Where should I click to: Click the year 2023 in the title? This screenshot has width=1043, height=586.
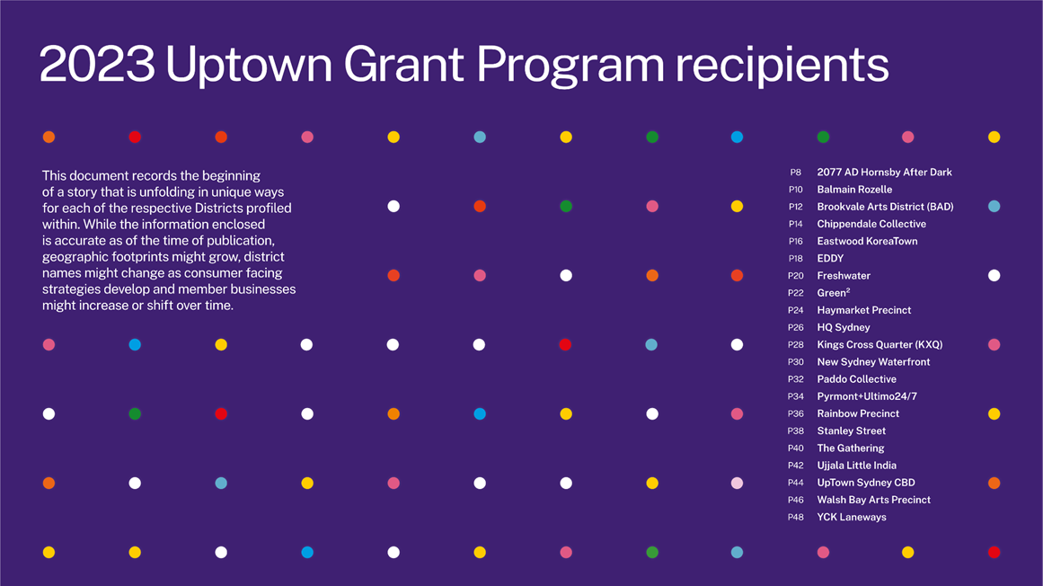pos(97,65)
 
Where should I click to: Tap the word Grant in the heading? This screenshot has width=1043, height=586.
pos(403,65)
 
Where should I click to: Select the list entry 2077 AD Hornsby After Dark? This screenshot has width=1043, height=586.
pos(884,173)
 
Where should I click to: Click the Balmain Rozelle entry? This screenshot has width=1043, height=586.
pos(854,190)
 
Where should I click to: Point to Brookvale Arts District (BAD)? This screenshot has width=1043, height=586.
pos(885,207)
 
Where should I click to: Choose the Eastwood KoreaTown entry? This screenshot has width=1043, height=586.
pos(867,242)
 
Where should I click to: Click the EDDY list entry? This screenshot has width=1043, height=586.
pos(830,259)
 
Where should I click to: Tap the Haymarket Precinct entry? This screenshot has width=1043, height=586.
pos(863,310)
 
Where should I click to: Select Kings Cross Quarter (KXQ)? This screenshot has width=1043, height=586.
pos(879,344)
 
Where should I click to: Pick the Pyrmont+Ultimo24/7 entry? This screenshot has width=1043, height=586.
pos(867,396)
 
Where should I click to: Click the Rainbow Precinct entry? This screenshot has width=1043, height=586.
pos(857,413)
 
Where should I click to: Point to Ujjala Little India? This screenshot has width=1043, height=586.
pos(856,466)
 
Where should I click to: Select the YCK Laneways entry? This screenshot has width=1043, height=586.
pos(852,518)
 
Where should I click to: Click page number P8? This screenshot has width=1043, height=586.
pos(796,173)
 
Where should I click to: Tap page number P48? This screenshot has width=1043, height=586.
pos(796,518)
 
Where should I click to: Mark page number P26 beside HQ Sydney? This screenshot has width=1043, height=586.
pos(796,327)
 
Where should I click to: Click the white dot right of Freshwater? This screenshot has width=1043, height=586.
pos(994,275)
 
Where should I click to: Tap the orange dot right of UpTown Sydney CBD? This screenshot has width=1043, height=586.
pos(994,483)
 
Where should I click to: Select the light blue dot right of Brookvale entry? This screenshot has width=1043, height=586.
pos(994,206)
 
